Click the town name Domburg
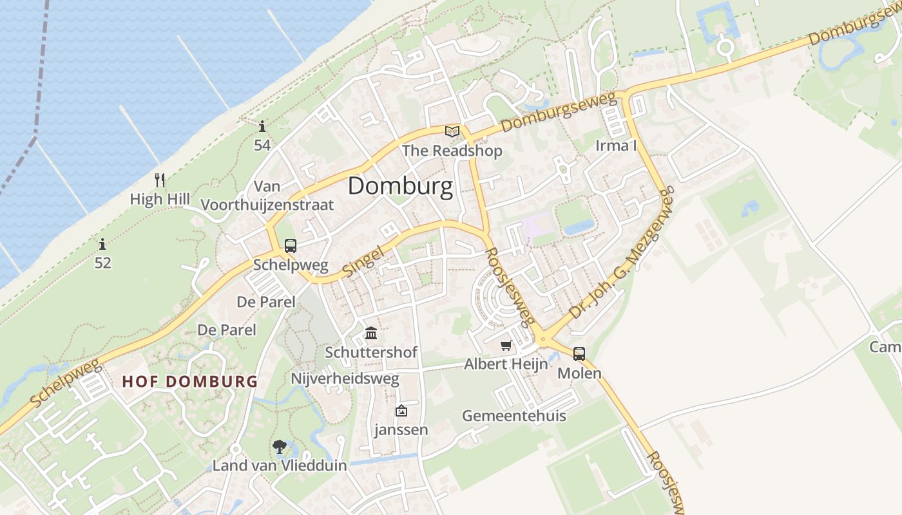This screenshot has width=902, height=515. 400,187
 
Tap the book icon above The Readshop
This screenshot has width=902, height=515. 452,132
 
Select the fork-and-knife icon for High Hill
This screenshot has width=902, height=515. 160,180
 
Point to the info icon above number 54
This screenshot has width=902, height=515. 262,126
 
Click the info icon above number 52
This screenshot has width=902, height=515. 102,244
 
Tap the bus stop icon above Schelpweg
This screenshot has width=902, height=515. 291,245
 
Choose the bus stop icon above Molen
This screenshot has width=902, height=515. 579,353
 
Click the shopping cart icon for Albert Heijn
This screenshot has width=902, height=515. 506,346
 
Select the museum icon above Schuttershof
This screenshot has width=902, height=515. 371,333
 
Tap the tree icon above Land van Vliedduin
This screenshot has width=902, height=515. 279,446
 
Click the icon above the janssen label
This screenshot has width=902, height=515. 401,410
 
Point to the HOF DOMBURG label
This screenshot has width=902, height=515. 190,381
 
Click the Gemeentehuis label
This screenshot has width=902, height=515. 513,415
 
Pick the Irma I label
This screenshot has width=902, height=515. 615,145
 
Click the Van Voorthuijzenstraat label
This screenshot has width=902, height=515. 267,196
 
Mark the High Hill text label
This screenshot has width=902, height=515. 160,199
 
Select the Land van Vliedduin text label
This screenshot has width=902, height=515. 280,465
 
